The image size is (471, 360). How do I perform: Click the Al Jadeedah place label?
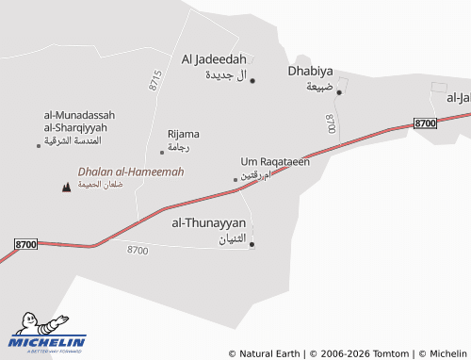click(x=214, y=58)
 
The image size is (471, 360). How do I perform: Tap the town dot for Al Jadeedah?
click(x=252, y=80)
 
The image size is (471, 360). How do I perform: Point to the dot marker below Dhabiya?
click(x=339, y=91)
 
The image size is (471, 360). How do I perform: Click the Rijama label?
click(x=183, y=134)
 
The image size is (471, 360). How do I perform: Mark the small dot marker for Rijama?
click(x=162, y=152)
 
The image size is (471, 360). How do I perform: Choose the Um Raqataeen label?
click(x=275, y=161)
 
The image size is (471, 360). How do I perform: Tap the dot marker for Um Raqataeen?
click(x=235, y=179)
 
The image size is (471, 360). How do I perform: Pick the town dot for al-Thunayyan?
click(x=252, y=245)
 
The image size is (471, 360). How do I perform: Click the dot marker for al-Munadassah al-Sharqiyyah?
click(x=39, y=145)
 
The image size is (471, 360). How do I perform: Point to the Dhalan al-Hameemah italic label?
click(x=131, y=172)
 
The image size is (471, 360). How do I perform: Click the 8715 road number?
click(x=155, y=80)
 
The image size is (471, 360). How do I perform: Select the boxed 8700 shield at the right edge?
click(x=426, y=123)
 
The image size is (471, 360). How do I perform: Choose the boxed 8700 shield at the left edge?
click(x=26, y=244)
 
